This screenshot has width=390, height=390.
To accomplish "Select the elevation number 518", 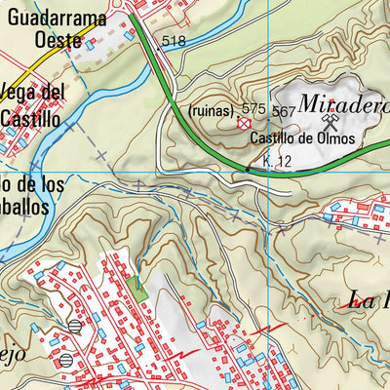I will [x=175, y=41].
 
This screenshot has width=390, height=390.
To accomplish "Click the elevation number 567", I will [x=284, y=111].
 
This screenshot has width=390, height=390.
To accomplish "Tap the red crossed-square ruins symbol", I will [x=244, y=124].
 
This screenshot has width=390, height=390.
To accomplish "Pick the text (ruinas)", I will [x=212, y=110].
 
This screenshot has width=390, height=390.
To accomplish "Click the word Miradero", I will [x=343, y=102].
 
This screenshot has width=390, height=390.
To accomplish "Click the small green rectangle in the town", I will [x=136, y=289].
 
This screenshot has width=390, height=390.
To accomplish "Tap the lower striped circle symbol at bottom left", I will [x=65, y=360].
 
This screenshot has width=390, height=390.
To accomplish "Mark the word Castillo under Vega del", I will [x=31, y=117].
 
